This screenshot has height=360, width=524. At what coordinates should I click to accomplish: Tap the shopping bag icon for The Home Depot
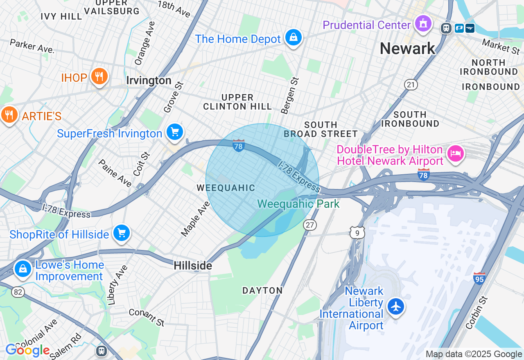(x=293, y=38)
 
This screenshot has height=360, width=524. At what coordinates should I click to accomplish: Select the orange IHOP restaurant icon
(x=99, y=76)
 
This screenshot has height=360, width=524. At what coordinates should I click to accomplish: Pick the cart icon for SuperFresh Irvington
(x=175, y=132)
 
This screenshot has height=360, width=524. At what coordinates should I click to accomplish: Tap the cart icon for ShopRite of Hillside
(x=121, y=233)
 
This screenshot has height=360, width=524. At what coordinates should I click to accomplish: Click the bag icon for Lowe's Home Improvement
(x=23, y=269)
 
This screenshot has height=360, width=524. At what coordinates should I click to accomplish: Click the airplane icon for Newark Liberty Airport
(x=396, y=306)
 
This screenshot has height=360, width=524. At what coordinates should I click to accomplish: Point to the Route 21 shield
(x=411, y=85)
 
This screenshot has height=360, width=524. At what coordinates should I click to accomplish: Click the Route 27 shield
(x=310, y=225)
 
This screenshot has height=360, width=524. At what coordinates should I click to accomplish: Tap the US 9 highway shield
(x=357, y=232)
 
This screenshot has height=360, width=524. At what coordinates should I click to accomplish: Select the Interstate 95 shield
(x=479, y=279)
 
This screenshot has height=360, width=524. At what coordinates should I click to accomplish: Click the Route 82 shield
(x=18, y=292)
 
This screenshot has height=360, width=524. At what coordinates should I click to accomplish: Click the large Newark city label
(x=407, y=49)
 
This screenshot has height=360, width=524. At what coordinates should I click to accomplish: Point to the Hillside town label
(x=193, y=266)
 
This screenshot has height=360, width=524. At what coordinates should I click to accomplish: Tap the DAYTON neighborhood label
(x=262, y=290)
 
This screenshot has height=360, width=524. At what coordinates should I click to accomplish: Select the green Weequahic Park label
(x=298, y=204)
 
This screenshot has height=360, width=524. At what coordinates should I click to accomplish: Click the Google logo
(x=28, y=351)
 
